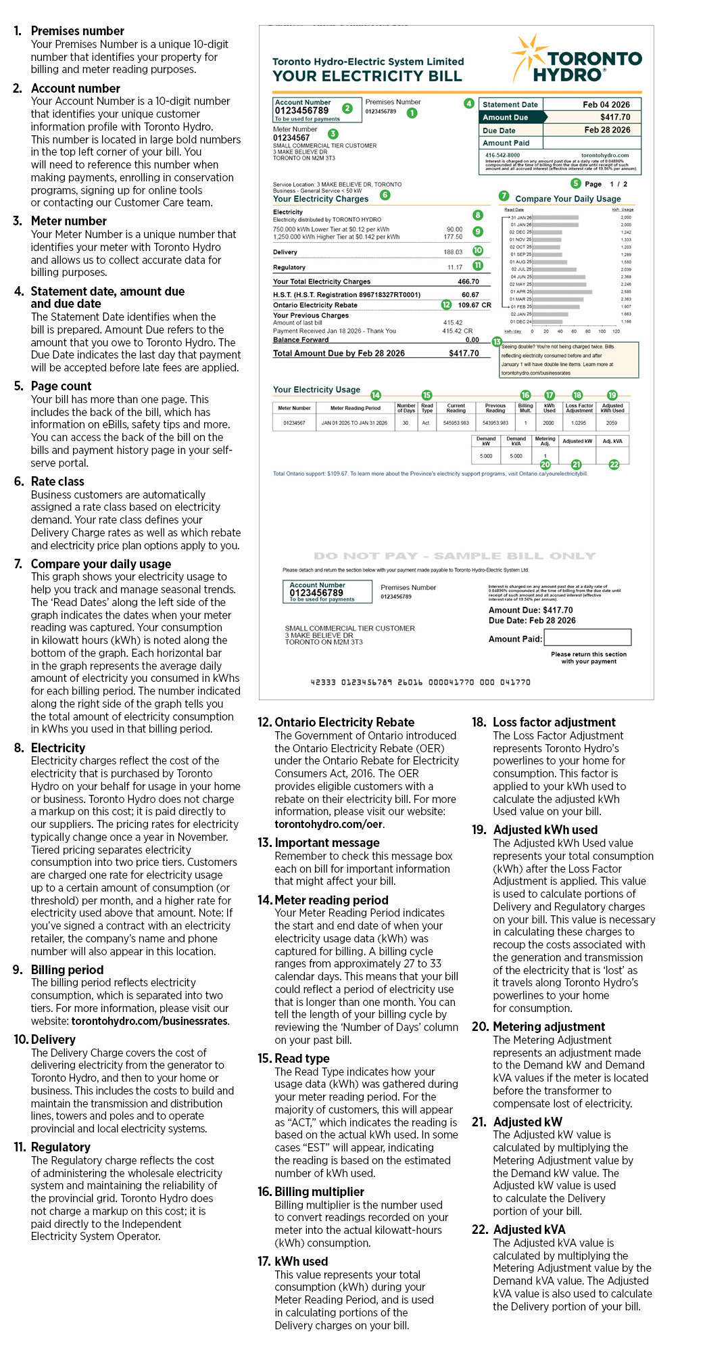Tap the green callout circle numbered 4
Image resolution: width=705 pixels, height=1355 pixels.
(468, 104)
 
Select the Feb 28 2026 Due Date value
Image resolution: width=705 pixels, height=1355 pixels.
(606, 130)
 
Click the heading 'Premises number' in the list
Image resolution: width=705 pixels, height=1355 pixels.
(77, 31)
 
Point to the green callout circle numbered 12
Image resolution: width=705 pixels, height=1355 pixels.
(446, 305)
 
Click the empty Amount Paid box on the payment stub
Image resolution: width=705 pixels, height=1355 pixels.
(587, 637)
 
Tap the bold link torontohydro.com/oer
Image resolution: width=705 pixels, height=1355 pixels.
(329, 824)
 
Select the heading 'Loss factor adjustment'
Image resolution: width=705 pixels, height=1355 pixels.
(554, 722)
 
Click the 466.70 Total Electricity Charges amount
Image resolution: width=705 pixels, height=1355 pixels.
(468, 281)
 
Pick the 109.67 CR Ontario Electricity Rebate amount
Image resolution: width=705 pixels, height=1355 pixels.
(475, 305)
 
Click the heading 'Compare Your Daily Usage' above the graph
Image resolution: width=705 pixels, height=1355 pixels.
(568, 199)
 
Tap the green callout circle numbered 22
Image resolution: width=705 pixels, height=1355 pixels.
(614, 464)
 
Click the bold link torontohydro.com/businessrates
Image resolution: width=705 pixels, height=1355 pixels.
(150, 1021)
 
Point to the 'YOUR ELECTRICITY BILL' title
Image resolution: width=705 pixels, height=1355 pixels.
(367, 76)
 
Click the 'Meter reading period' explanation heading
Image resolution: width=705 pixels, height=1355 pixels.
(331, 900)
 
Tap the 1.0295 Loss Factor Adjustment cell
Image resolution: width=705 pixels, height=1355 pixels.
(579, 423)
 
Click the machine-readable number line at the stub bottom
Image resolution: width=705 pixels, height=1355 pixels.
(420, 682)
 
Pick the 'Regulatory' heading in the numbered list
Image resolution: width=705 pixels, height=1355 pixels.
(60, 1147)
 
